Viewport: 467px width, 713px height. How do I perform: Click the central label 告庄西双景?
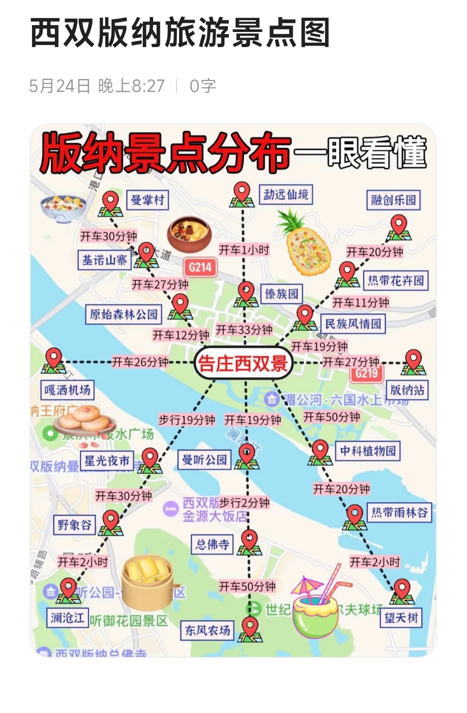pos(243,363)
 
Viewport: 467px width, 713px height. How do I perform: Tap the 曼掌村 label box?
pos(147,200)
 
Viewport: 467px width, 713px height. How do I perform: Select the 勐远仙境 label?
pos(286,195)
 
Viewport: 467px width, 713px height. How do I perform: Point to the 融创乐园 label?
pos(393,200)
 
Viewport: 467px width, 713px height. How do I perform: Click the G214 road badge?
pos(200,267)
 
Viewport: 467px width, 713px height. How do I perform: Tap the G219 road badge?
pos(367,373)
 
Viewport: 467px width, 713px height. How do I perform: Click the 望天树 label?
pos(401,618)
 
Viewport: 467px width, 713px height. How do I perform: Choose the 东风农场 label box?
pos(208,631)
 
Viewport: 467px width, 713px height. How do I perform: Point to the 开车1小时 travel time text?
pos(244,250)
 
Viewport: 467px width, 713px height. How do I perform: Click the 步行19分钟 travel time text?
pos(187,420)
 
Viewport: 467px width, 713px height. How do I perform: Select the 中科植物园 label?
pos(368,451)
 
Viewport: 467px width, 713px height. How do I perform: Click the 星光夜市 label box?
pos(107,461)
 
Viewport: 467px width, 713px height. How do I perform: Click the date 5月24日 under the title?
pos(60,86)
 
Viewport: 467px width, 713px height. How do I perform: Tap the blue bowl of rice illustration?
pos(64,209)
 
